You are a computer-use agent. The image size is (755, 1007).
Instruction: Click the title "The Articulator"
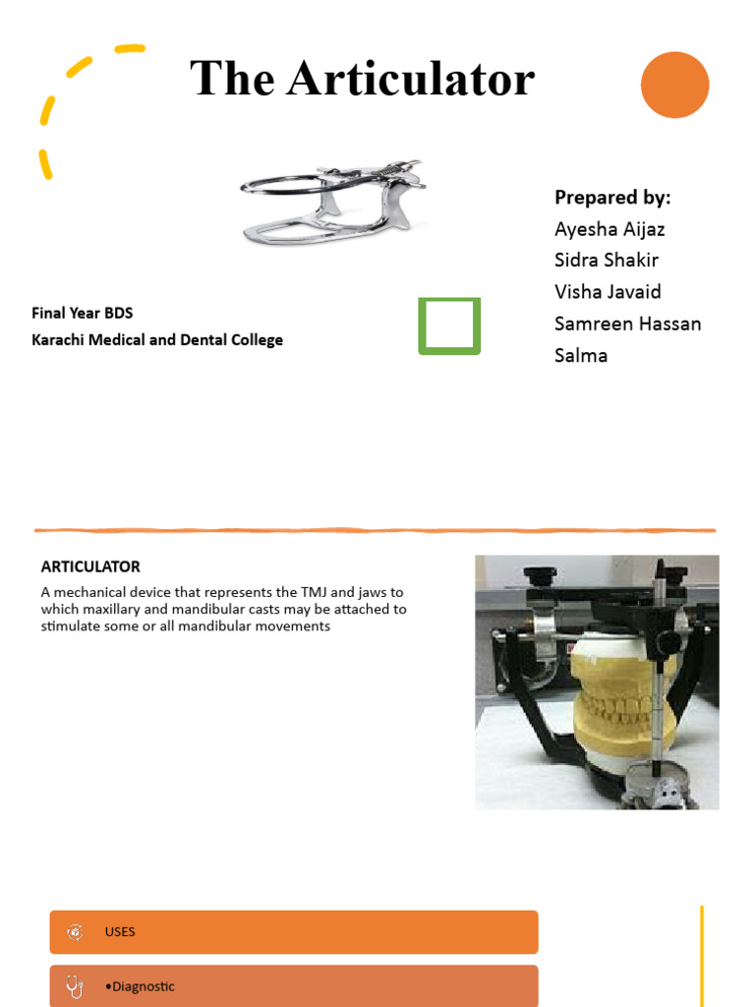click(x=362, y=79)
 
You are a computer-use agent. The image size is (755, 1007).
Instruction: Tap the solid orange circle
click(x=674, y=86)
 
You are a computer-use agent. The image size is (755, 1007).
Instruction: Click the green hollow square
click(x=449, y=326)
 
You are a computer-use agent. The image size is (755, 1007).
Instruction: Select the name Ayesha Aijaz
click(x=610, y=229)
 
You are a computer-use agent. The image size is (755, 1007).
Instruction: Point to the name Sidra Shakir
click(x=606, y=261)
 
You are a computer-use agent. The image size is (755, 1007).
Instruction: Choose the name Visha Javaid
click(x=608, y=292)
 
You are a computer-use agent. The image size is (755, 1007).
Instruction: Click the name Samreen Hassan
click(x=627, y=324)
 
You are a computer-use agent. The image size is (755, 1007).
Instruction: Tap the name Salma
click(x=581, y=355)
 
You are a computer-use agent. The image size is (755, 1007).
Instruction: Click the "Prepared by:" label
click(x=612, y=198)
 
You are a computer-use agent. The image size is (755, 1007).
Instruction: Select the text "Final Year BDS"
click(x=82, y=314)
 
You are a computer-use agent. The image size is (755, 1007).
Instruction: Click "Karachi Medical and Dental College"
click(x=157, y=340)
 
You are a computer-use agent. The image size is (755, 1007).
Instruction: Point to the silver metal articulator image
click(x=334, y=202)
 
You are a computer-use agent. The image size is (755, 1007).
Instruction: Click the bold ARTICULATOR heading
click(x=90, y=566)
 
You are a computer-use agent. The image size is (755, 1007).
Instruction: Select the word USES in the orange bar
click(x=120, y=932)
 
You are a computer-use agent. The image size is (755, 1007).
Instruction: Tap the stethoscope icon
click(x=75, y=986)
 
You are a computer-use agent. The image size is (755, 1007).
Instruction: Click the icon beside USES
click(x=75, y=932)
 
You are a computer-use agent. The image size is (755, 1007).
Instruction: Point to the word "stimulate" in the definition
click(x=72, y=626)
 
